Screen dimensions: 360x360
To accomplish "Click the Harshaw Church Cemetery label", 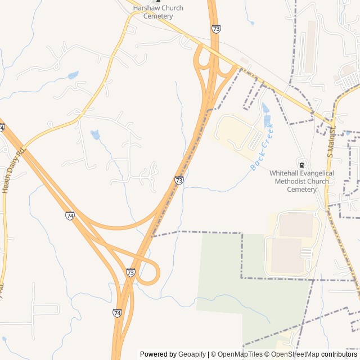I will point(157,12).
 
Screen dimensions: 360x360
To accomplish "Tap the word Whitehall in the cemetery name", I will point(285,173).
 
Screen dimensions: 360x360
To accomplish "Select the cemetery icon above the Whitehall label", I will point(302,165).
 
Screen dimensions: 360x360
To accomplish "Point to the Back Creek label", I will point(262,147).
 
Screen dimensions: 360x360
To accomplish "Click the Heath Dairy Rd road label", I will point(14,170).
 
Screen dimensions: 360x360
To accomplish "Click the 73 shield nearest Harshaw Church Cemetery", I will point(216,28).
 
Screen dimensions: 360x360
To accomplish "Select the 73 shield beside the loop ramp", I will point(130,272).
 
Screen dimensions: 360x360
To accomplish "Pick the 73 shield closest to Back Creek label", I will point(179,180).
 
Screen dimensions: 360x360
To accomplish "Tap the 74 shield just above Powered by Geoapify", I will point(117,313).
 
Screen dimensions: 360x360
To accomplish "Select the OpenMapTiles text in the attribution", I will point(240,354).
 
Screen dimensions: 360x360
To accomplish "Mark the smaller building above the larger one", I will point(296,225).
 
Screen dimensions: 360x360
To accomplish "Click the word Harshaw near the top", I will point(146,8).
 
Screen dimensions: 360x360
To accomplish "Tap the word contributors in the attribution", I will point(339,354).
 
